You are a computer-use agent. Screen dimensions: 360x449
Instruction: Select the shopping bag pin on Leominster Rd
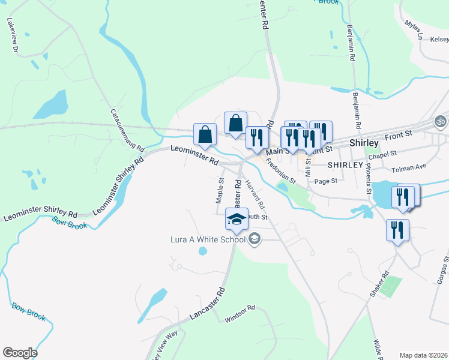pyautogui.click(x=205, y=136)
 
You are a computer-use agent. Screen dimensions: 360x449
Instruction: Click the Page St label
pyautogui.click(x=326, y=181)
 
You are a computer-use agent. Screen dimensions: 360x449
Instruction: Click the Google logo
pyautogui.click(x=19, y=353)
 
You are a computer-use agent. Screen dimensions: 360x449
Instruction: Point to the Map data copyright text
pyautogui.click(x=424, y=355)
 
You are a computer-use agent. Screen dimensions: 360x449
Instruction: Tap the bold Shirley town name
pyautogui.click(x=364, y=143)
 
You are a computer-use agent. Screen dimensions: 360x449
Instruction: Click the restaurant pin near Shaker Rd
pyautogui.click(x=397, y=230)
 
